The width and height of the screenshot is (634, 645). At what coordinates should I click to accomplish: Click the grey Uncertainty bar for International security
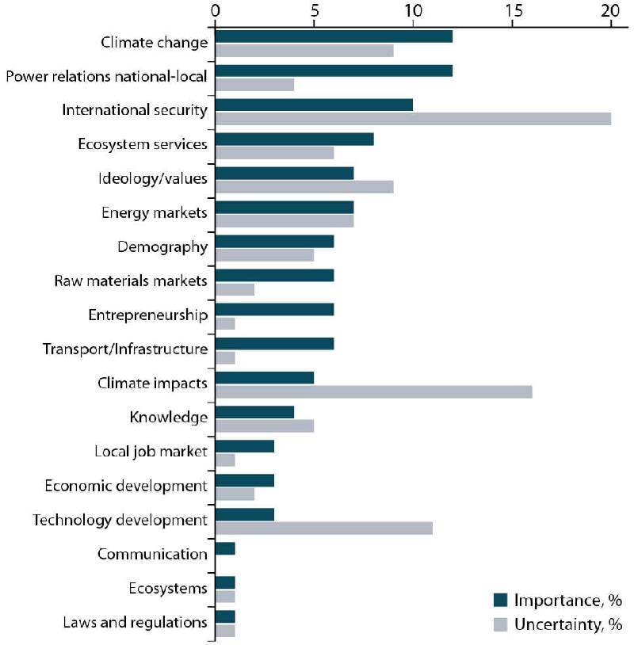pos(413,119)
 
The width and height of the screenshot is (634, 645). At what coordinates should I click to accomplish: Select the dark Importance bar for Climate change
pos(334,36)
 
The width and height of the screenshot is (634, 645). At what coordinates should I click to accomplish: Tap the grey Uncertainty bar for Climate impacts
pos(373,391)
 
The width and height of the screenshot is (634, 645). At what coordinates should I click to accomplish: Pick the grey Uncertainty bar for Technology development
pos(324,528)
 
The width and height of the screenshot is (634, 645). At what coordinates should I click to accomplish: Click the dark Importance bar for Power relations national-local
pos(334,71)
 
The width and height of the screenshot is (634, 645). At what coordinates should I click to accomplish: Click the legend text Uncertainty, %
pos(568,624)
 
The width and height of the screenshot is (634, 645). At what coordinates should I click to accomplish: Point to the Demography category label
pos(162,246)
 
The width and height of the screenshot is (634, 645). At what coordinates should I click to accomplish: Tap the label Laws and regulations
pos(135,622)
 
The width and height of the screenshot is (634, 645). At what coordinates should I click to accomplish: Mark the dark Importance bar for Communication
pos(225,548)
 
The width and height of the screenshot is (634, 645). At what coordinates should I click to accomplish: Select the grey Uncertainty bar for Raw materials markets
pos(235,289)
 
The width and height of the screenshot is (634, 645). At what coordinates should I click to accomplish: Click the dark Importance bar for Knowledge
pos(254,412)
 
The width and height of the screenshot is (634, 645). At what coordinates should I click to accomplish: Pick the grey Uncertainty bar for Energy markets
pos(285,221)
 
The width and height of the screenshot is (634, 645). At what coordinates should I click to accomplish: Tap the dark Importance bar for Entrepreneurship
pos(274,310)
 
